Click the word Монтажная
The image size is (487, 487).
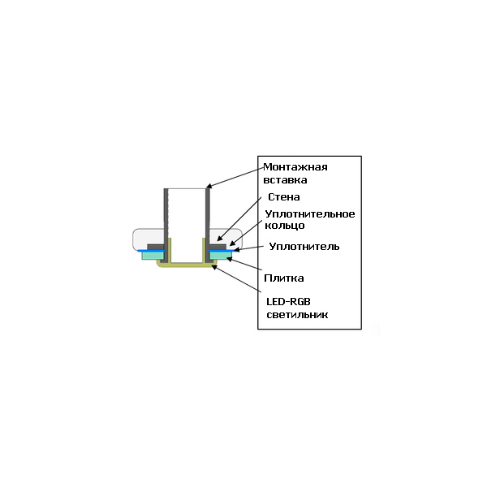point(295,167)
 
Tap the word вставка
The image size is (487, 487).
point(285,180)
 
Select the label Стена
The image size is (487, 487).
point(284,197)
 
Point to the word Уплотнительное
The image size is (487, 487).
point(310,214)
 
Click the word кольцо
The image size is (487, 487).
point(285,226)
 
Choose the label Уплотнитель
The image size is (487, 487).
point(304,247)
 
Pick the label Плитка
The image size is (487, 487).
point(284,278)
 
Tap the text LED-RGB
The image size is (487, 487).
point(288,302)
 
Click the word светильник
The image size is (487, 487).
point(297,315)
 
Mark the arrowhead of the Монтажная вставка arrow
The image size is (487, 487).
point(208,187)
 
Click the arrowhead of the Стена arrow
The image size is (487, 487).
point(218,239)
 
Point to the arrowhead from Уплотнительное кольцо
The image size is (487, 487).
point(231,243)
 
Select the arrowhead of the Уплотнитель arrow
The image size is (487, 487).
point(235,249)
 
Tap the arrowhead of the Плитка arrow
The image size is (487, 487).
point(228,259)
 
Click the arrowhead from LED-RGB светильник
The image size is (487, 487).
point(213,266)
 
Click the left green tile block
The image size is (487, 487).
point(153,256)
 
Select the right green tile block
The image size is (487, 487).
point(221,256)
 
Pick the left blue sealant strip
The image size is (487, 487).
point(151,251)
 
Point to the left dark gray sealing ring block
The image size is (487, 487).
point(156,247)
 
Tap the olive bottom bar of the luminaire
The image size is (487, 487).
point(187,265)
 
